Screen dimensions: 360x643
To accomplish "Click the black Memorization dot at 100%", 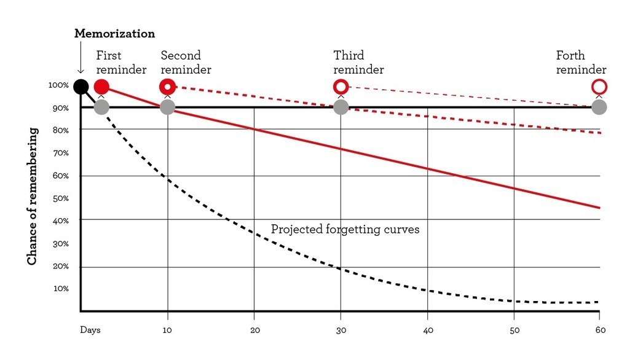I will tap(81, 86).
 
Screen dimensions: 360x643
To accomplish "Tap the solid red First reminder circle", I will tap(101, 86).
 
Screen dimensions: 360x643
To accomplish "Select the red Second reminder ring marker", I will tap(168, 86).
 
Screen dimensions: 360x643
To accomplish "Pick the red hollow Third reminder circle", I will tap(341, 86).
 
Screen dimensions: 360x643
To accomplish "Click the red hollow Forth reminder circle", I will tap(599, 86).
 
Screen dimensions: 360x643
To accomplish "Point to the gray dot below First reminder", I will tap(101, 107).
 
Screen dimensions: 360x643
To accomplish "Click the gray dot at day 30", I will tap(341, 107).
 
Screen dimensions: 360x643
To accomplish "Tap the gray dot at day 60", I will tap(599, 107).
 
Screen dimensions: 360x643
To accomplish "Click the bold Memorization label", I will tap(114, 33).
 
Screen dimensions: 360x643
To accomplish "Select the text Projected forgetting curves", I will tap(345, 229).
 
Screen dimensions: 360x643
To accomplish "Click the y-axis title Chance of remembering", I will tap(32, 197).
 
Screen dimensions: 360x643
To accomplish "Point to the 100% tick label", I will tap(58, 85).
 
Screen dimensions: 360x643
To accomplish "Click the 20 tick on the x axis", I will tap(254, 330).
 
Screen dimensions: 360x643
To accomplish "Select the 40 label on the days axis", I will tap(428, 330).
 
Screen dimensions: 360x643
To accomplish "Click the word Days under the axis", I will tap(90, 330).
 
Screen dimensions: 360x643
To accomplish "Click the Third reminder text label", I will tap(358, 63).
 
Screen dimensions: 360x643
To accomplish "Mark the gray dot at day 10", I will tap(168, 107).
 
